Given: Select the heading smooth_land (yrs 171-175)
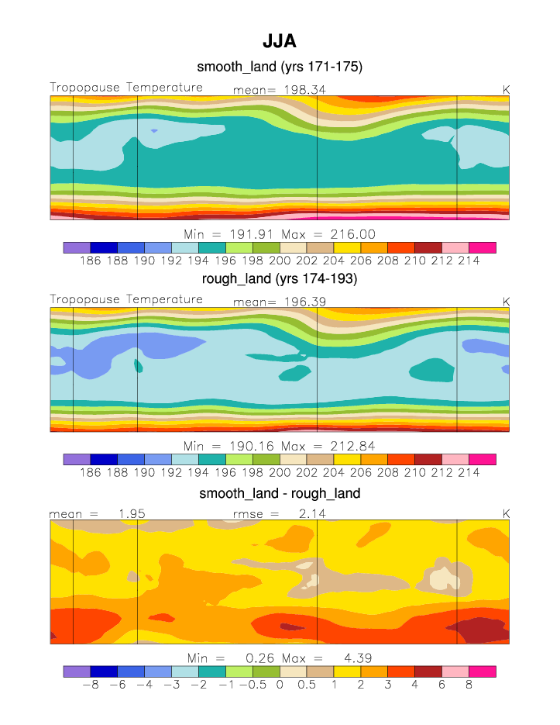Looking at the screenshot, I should tap(280, 67).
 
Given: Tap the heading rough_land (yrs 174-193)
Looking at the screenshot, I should tap(280, 281).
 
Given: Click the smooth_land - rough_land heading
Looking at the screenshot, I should tap(280, 493).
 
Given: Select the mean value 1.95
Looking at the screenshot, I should tap(132, 513).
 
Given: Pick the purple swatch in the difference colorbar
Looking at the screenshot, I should tap(77, 671).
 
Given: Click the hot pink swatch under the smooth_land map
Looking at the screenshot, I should tap(482, 247).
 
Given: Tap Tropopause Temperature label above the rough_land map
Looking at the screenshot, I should tap(126, 299).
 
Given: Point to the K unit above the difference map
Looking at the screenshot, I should tap(506, 513).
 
